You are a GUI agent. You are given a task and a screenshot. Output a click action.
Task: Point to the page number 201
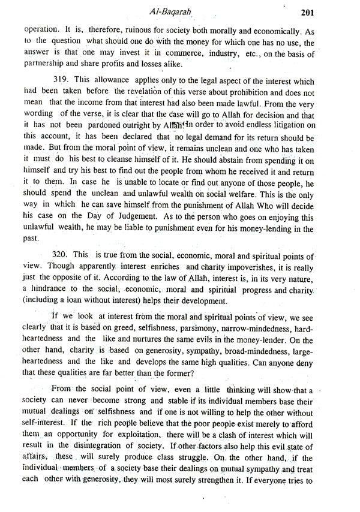pos(337,10)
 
